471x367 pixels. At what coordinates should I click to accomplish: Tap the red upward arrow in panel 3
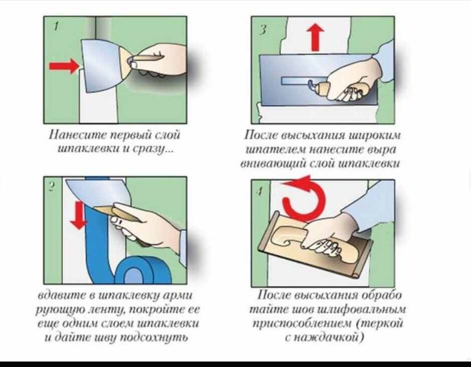tap(315, 37)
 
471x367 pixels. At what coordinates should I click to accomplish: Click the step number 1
tap(56, 27)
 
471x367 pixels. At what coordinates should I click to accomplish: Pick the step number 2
tap(52, 187)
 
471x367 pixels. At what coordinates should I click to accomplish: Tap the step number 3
tap(262, 30)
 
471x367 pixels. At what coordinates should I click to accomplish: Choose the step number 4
tap(259, 191)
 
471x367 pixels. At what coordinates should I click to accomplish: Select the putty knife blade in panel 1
tap(102, 65)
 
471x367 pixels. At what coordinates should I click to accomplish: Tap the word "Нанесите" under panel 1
tap(78, 135)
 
